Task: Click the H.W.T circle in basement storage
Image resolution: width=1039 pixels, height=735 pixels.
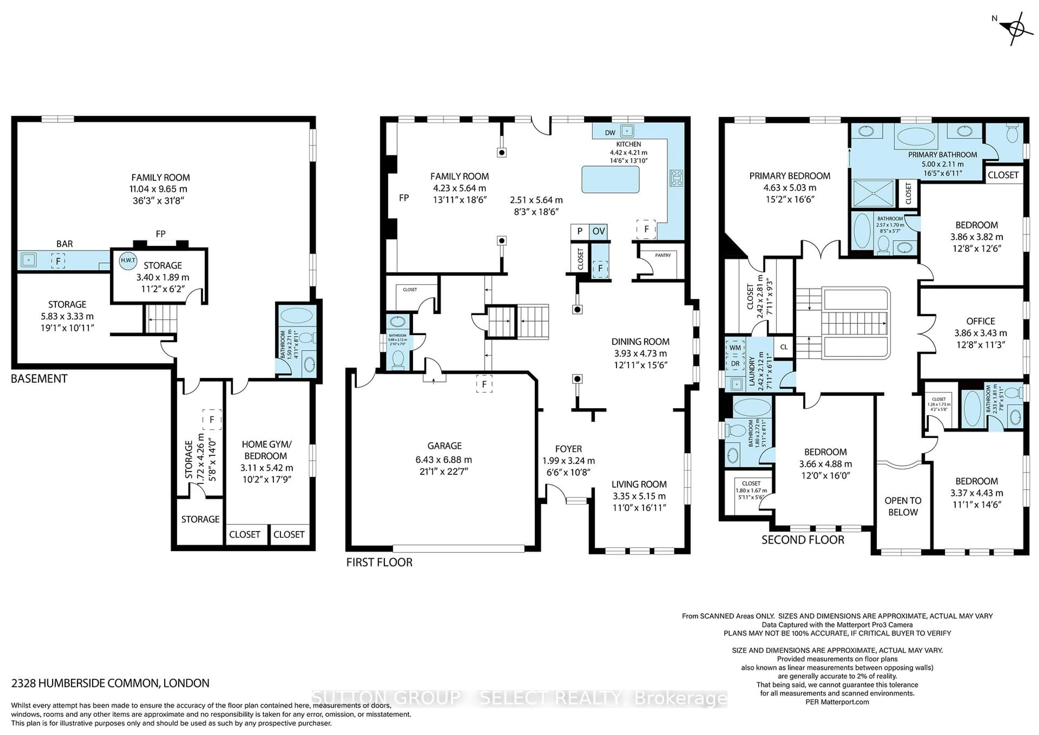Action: point(128,261)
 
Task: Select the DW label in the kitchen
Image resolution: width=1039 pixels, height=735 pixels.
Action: point(610,133)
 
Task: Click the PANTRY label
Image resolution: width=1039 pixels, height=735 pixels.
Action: point(663,255)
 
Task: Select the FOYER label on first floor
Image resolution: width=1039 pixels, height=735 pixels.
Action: point(568,449)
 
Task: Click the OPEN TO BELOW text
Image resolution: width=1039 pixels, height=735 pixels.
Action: point(903,506)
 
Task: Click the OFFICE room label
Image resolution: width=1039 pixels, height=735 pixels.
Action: point(981,321)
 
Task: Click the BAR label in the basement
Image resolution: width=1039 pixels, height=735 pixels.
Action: point(65,244)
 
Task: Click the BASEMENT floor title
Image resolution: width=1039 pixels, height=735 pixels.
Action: point(40,379)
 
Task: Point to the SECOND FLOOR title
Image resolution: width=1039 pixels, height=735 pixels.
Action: point(803,540)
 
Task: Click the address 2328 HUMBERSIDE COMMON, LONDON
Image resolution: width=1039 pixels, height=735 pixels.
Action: point(110,683)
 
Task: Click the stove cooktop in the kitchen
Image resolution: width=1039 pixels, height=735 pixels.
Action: point(676,178)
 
